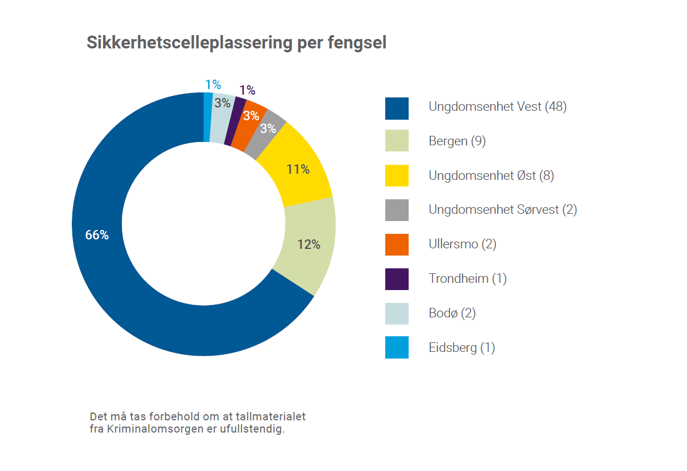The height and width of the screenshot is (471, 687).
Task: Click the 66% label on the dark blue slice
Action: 97,235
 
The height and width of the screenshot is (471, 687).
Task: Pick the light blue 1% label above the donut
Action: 213,84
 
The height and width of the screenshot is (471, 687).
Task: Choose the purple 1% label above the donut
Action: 247,90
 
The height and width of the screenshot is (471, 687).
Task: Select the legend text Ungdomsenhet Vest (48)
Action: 498,107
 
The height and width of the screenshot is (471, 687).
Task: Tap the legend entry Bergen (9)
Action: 457,141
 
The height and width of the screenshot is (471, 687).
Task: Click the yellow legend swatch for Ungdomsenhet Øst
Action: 397,175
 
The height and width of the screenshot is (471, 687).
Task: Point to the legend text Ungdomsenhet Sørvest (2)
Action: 503,210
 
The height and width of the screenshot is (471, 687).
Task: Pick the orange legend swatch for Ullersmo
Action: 397,244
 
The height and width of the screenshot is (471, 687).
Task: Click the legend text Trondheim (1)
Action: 468,279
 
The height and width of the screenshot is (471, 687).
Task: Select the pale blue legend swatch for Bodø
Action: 397,313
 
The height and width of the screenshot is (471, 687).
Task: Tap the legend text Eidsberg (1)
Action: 462,348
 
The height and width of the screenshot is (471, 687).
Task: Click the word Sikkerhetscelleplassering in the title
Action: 189,43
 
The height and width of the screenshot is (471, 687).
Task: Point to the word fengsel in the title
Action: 357,43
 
